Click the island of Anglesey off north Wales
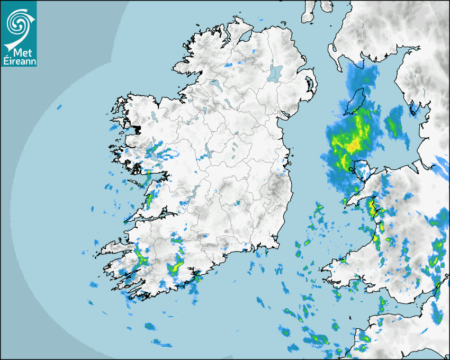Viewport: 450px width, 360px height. click(361, 171)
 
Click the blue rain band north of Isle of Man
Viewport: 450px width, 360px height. click(362, 77)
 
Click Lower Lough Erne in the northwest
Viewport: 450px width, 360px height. click(214, 83)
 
